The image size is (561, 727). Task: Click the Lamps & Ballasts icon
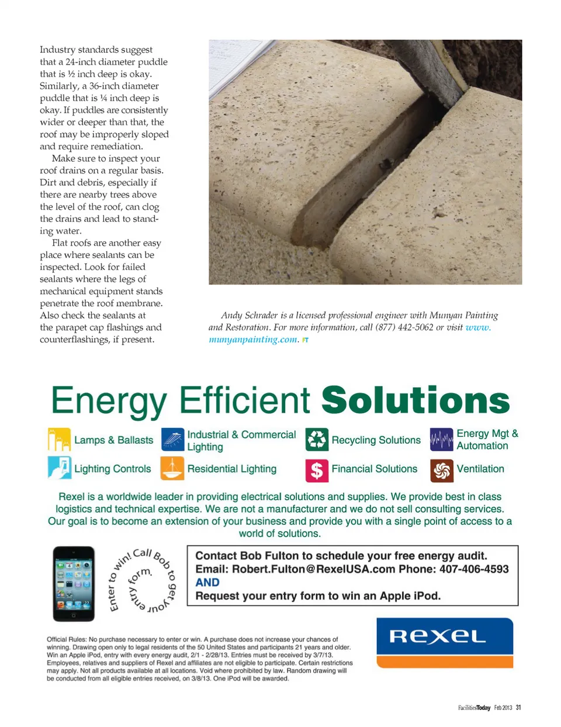tap(59, 440)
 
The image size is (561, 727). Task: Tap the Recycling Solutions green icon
tap(317, 440)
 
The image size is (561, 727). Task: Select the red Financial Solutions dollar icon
tap(317, 470)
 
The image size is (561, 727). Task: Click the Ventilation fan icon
tap(442, 470)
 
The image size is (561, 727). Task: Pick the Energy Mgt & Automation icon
tap(442, 440)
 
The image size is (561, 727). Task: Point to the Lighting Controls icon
tap(59, 468)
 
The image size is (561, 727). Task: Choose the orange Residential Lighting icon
tap(172, 468)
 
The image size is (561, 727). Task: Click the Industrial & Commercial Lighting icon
tap(172, 440)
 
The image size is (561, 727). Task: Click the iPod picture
tap(74, 583)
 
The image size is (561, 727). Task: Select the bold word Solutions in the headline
tap(415, 401)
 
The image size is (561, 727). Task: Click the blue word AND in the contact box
tap(207, 582)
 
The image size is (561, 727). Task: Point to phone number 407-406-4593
tap(474, 569)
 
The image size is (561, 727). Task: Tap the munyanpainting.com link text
tap(253, 339)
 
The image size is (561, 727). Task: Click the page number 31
tap(518, 708)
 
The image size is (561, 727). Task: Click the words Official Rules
tap(66, 639)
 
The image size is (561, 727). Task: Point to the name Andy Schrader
tap(249, 315)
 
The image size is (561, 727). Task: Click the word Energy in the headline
tap(109, 402)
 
